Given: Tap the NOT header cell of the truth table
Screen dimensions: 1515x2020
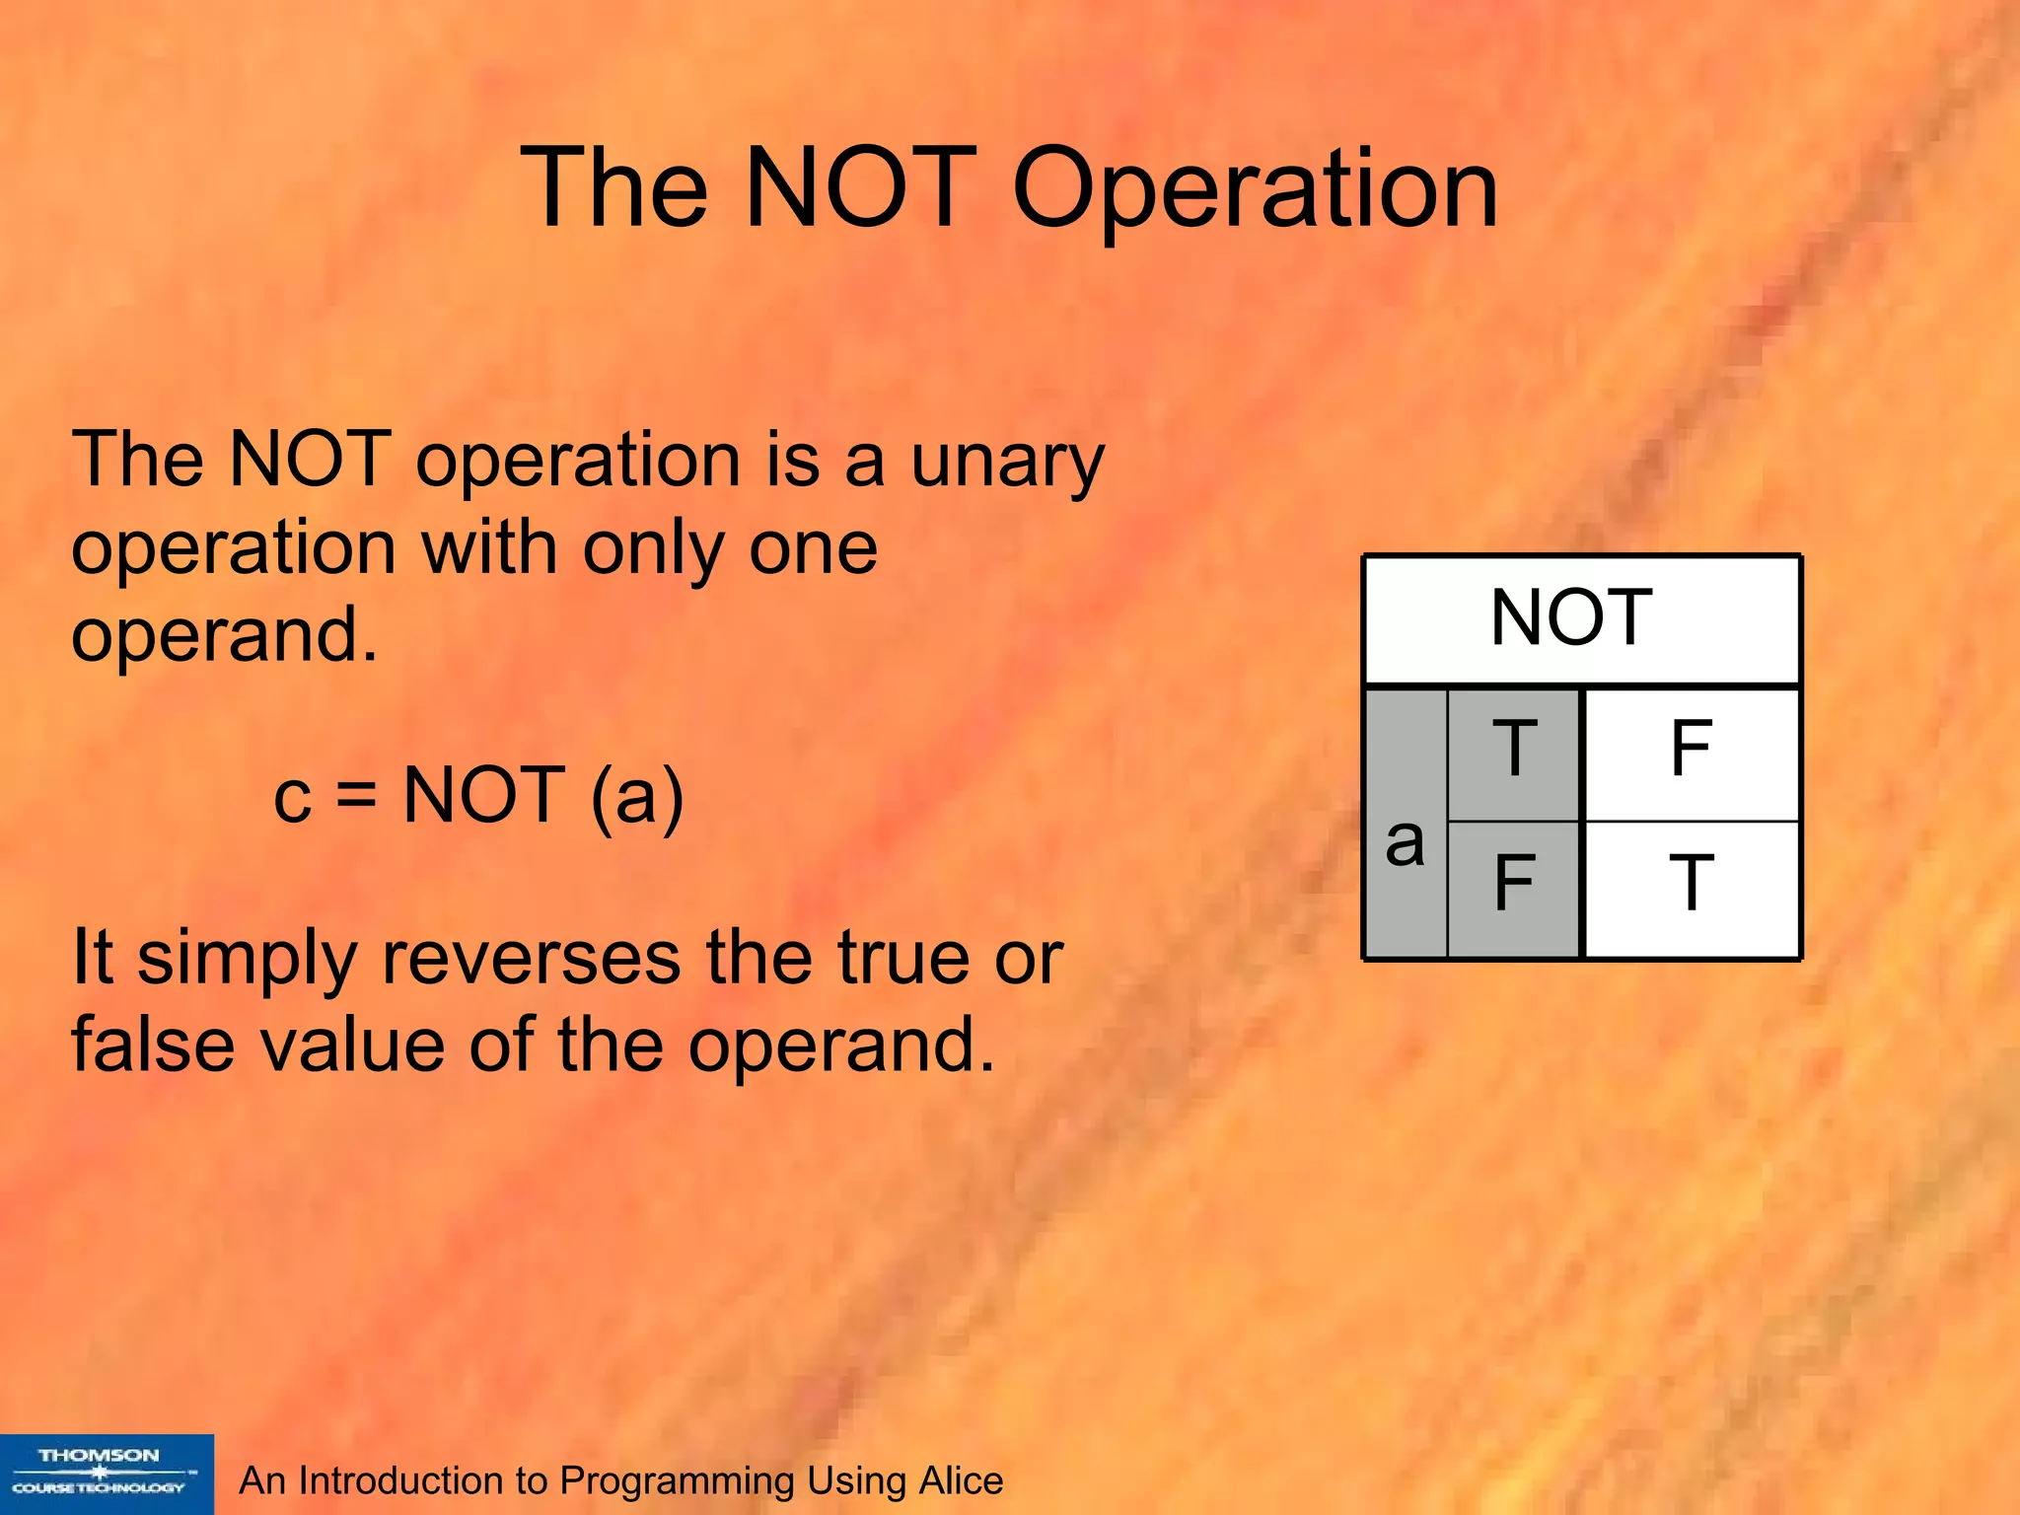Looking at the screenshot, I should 1581,619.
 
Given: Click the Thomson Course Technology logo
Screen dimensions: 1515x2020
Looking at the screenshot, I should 106,1474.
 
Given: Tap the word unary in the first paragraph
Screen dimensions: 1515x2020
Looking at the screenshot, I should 1006,462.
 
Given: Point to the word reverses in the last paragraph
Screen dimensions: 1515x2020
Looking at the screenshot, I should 531,958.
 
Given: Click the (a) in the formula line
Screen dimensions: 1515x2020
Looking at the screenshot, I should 637,797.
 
